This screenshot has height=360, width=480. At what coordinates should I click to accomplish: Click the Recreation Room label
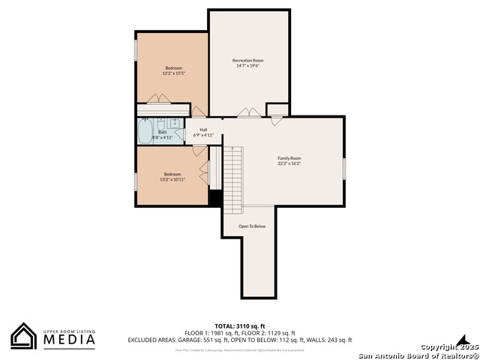pos(247,60)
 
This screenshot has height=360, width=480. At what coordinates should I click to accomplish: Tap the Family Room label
pos(289,158)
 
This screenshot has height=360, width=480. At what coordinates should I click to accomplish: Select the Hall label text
pos(203,129)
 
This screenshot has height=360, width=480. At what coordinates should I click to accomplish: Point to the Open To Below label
pos(252,226)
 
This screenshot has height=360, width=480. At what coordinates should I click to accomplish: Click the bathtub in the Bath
pos(145,132)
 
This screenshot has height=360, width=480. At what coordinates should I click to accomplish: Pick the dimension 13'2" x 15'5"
pos(172,73)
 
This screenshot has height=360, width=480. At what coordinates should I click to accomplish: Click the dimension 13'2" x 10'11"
pos(172,179)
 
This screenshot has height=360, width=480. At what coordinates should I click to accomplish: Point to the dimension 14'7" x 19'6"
pos(247,65)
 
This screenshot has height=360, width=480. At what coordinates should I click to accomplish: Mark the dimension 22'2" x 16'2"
pos(289,163)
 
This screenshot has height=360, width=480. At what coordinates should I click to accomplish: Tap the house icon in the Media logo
pos(24,336)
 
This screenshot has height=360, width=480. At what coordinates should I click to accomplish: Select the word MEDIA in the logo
pos(67,340)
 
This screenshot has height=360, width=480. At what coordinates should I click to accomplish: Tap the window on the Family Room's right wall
pos(343,168)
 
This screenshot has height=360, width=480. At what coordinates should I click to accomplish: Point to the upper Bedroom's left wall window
pos(136,49)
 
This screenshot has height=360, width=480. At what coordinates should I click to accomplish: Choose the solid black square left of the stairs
pos(214,198)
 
